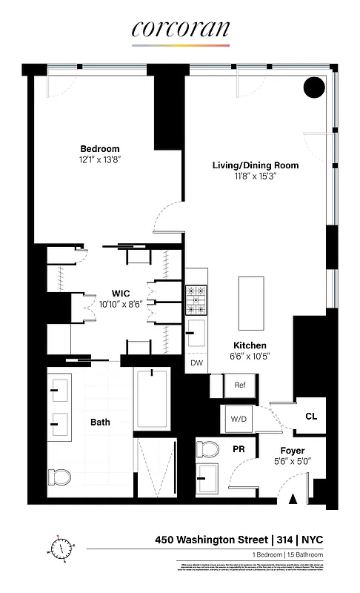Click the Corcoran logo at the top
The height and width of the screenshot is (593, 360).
pos(181,30)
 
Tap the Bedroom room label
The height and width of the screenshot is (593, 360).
pos(99,149)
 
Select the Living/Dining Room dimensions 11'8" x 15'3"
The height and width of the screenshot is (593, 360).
pos(244,176)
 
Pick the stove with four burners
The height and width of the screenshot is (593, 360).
pos(198,300)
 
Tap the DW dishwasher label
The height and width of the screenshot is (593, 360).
pos(196,363)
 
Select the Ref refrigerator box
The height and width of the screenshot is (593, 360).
pos(239,385)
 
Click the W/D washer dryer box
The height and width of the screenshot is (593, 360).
pos(239,419)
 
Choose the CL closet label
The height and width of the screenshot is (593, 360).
pos(311,417)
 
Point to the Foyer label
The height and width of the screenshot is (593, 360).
pos(292,451)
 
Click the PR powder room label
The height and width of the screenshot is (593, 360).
pos(239,449)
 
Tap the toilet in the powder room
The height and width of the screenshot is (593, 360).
pos(207,450)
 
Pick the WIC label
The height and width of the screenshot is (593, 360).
pos(121,292)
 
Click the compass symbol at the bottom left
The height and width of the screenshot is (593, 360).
pos(62,548)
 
